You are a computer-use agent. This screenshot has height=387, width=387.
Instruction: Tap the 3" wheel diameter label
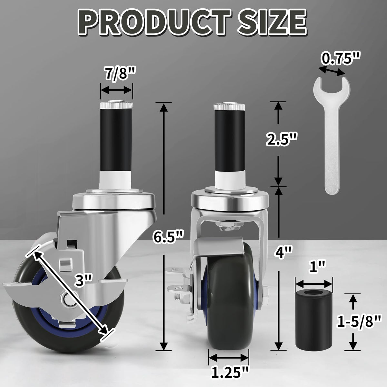pyautogui.click(x=84, y=281)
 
